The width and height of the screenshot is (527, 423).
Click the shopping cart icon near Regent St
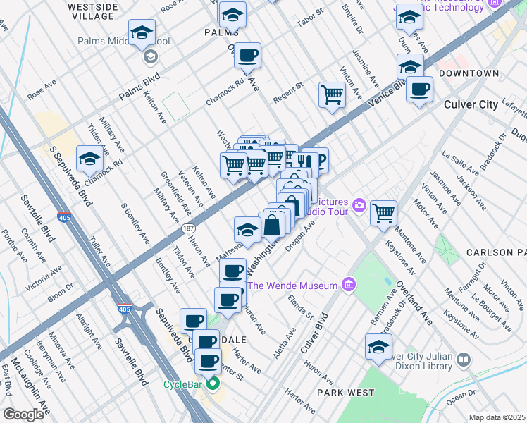point(332,94)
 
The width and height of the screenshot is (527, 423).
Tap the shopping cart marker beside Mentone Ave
point(383,212)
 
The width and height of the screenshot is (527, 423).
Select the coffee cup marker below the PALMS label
point(247,55)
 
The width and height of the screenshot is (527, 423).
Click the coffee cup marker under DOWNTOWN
point(420,89)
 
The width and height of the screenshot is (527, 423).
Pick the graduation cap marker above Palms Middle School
point(142,32)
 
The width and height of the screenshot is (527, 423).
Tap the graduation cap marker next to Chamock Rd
point(89,159)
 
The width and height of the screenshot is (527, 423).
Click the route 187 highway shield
point(188,228)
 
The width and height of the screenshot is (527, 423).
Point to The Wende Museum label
point(292,285)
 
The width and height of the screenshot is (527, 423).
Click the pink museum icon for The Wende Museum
point(347,285)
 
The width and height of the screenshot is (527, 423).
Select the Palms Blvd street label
point(139,85)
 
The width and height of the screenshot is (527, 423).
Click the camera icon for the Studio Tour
point(359,206)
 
